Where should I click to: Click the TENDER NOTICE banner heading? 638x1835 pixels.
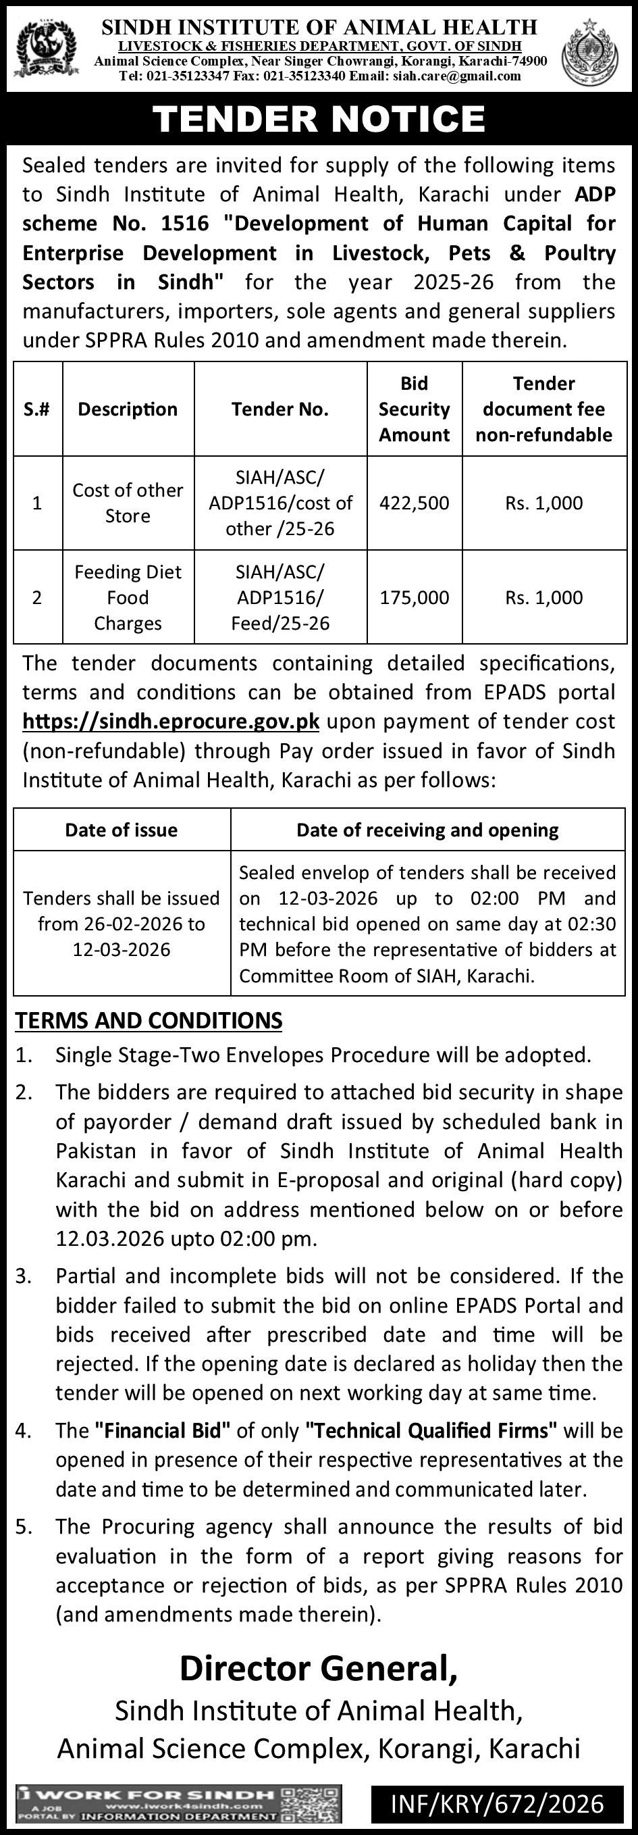point(319,119)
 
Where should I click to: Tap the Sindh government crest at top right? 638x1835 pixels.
point(590,52)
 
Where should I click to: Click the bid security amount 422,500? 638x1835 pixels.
point(415,503)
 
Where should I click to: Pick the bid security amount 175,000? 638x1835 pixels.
point(415,597)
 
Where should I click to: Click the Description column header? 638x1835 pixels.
point(128,409)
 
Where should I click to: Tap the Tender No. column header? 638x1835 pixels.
point(280,409)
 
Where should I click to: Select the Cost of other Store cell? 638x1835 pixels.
point(128,503)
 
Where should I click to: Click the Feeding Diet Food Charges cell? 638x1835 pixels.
point(128,597)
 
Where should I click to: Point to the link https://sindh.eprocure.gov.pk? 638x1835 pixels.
point(171,722)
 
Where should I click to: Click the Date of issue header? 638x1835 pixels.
point(121,830)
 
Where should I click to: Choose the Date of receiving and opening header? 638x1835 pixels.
point(427,830)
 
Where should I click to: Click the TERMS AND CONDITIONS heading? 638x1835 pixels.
point(149,1021)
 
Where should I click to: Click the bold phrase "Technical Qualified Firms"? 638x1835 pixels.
point(431,1430)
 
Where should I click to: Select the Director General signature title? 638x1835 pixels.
point(318,1668)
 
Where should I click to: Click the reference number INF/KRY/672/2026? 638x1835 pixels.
point(497,1804)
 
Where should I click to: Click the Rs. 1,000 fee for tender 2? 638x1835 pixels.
point(544,597)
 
